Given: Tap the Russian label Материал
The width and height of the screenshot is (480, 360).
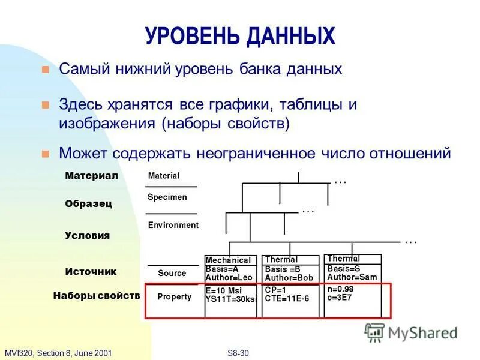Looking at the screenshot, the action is pos(91,176).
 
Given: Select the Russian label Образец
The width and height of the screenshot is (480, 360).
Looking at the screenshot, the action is pos(88,203).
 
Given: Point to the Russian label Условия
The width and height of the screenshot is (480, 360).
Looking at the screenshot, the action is pos(87,235).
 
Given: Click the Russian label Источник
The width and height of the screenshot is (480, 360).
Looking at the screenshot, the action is pos(91,271).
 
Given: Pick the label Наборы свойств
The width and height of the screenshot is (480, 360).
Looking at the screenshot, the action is pos(96,296).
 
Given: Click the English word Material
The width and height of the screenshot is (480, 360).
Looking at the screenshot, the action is pos(164,176).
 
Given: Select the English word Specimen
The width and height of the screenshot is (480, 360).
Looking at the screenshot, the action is pos(167,197).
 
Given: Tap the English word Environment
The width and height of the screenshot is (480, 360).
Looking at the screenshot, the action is pos(173,225).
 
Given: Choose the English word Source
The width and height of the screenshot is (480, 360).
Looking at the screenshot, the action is pos(172,273).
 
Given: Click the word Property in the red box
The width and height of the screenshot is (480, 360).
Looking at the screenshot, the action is pos(174,296).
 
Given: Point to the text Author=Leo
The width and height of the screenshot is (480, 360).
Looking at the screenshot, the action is pos(229,277).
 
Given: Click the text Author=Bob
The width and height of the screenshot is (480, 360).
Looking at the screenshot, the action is pos(289,278).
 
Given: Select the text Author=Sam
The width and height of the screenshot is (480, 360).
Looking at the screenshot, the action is pos(352,277).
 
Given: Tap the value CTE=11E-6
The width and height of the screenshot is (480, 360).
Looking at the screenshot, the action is pos(287,298).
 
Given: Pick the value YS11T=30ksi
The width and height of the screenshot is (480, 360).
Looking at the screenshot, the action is pos(231,299).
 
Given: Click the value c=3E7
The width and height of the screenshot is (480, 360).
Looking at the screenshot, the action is pos(340,297).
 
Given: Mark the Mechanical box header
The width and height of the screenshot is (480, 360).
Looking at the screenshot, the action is pos(228,260).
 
